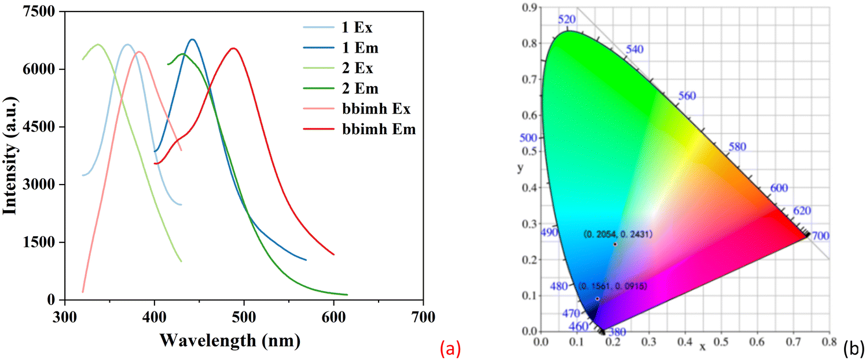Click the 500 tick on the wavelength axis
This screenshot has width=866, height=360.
pos(244,318)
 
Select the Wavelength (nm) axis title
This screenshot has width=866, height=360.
pos(230,341)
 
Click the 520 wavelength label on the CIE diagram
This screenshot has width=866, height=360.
pos(567,20)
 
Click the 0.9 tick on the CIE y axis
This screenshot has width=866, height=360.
pos(528,7)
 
